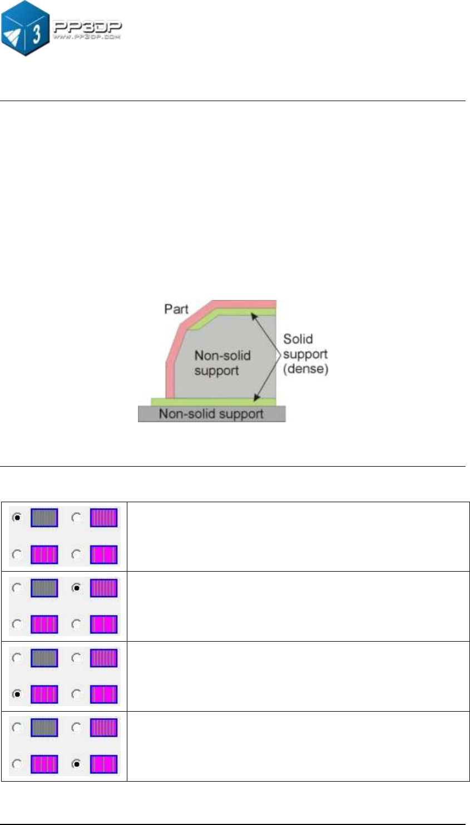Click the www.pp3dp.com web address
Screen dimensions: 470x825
(86, 38)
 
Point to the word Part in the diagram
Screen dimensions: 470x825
(176, 309)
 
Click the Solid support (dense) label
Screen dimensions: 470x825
(305, 354)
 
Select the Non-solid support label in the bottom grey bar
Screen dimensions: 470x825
(211, 414)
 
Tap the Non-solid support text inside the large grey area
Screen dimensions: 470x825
(222, 363)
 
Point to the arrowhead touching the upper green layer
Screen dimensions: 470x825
(253, 315)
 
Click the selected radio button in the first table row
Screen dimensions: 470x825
(18, 518)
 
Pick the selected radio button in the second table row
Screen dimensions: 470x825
(77, 588)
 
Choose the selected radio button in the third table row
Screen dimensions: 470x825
(18, 694)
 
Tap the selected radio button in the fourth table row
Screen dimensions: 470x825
(77, 764)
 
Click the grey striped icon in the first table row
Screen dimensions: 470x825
(44, 518)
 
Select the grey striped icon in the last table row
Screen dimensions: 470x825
(44, 728)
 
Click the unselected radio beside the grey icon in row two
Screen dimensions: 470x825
(18, 588)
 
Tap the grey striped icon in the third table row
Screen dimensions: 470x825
(44, 658)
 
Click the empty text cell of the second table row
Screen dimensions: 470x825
(298, 606)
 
